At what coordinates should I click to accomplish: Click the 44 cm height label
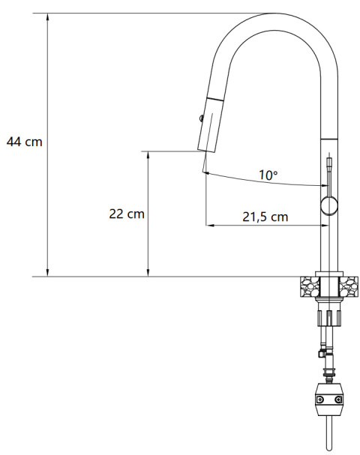click(x=24, y=141)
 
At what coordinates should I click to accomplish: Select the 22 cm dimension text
click(x=126, y=214)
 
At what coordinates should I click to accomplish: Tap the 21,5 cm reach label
click(x=265, y=217)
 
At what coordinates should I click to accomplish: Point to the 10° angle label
click(x=268, y=175)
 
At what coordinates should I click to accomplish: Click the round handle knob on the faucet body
click(x=328, y=206)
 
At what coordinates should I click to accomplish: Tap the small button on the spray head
click(x=199, y=116)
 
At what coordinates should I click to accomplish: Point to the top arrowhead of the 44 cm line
click(x=49, y=17)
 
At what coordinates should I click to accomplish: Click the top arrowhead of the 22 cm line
click(x=148, y=155)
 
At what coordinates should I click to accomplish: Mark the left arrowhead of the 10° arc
click(x=205, y=172)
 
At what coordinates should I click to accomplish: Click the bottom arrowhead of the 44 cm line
click(x=49, y=272)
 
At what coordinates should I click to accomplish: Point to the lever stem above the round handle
click(x=328, y=176)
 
